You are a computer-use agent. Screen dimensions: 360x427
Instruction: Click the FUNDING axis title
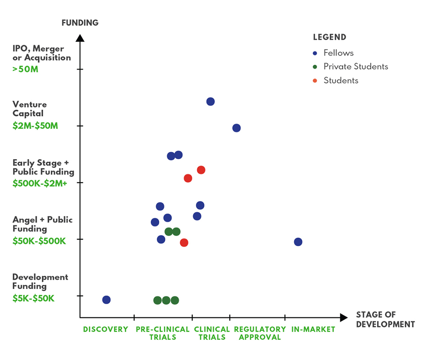(80, 23)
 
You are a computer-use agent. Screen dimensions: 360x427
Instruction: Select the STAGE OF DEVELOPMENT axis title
(385, 319)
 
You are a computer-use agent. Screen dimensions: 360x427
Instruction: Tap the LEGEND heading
(329, 37)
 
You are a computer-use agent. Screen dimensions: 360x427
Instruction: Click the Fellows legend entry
(338, 53)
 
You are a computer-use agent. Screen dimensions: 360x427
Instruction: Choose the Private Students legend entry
(355, 67)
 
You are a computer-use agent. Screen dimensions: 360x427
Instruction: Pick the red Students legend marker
(315, 81)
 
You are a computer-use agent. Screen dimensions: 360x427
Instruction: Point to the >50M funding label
(26, 68)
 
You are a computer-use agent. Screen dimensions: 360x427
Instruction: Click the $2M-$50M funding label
(35, 126)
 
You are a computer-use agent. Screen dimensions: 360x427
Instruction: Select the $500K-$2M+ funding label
(40, 183)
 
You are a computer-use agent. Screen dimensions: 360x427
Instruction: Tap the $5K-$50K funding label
(33, 298)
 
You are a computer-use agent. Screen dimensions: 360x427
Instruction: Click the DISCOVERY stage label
(105, 329)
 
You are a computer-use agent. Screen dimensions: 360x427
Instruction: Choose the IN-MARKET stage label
(313, 329)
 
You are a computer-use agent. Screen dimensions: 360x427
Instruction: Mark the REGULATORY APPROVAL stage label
(260, 333)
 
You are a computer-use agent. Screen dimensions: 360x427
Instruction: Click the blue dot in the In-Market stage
(298, 242)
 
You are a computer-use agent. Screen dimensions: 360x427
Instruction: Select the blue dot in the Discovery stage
(106, 300)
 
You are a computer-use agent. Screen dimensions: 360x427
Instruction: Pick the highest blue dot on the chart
(211, 102)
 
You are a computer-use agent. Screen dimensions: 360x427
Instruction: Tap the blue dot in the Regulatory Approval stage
(236, 128)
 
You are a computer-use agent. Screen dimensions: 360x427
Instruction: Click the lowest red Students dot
(184, 243)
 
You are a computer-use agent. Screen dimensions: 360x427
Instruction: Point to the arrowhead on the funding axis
(80, 38)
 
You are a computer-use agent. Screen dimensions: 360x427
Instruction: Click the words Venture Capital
(29, 109)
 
